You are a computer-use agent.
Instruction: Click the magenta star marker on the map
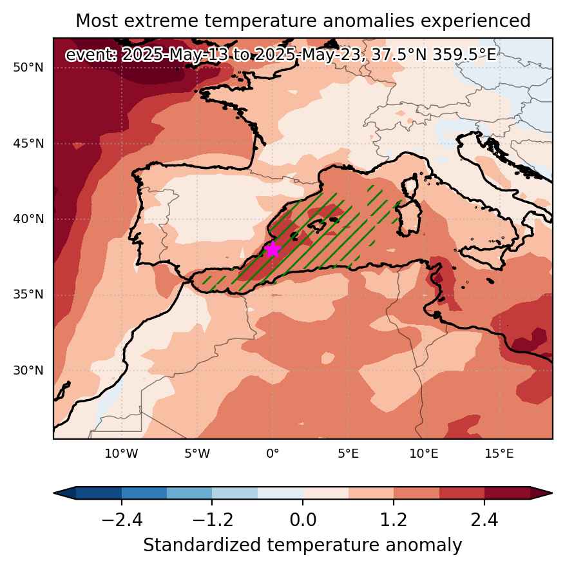[x=273, y=250]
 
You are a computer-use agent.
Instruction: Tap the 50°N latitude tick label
[x=28, y=68]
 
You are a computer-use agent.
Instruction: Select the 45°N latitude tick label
[x=28, y=143]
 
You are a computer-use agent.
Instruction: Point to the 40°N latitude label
[x=28, y=219]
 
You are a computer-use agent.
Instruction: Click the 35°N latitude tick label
[x=28, y=295]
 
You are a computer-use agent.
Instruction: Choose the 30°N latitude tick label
[x=28, y=370]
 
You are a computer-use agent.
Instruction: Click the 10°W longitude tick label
[x=121, y=453]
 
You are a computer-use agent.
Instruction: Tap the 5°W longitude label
[x=197, y=453]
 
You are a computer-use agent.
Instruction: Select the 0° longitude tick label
[x=273, y=453]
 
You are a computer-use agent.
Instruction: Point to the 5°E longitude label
[x=348, y=453]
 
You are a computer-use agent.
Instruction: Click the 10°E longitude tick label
[x=424, y=453]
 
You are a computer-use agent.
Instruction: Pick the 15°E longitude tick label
[x=499, y=453]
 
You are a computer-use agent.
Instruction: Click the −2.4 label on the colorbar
[x=122, y=520]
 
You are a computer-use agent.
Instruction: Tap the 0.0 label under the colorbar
[x=303, y=520]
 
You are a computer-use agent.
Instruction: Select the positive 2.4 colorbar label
[x=484, y=520]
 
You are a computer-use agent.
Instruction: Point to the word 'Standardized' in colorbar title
[x=202, y=545]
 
